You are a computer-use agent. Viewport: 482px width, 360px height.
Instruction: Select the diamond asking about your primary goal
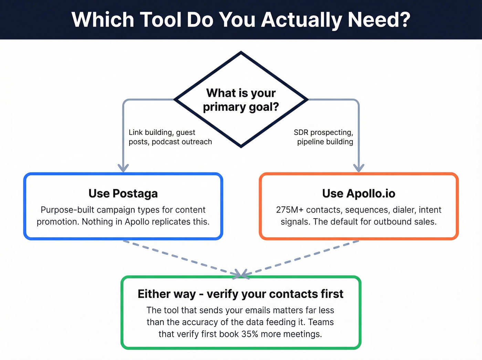point(241,100)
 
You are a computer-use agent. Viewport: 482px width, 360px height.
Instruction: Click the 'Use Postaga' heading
point(123,194)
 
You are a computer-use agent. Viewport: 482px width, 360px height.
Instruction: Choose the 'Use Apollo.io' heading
point(358,194)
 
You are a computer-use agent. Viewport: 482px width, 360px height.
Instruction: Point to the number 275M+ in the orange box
point(290,210)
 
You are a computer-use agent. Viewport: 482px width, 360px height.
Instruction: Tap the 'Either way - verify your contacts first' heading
point(240,294)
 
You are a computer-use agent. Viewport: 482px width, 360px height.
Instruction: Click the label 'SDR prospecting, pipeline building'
point(324,137)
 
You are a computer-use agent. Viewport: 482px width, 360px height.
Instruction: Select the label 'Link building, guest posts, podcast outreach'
point(170,137)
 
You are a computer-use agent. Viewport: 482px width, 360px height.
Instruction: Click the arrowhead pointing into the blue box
point(123,168)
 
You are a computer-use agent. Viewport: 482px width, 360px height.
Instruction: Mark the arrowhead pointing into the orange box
point(359,168)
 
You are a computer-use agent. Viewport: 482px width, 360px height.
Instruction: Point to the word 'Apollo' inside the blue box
point(137,222)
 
